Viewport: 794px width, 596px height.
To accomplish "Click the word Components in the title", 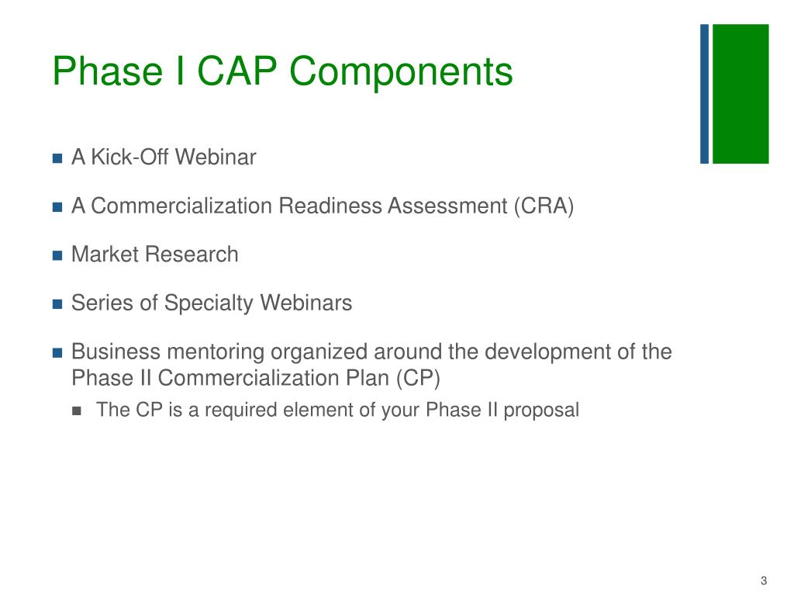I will tap(402, 72).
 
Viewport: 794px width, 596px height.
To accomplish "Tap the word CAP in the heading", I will tap(241, 72).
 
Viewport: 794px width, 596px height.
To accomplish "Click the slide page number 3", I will tap(764, 581).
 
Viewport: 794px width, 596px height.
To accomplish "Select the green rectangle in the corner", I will tap(740, 94).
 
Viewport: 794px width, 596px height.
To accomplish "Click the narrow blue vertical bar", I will tap(704, 94).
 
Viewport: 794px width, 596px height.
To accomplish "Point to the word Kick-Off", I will tap(129, 158).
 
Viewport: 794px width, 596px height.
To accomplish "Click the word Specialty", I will tap(209, 303).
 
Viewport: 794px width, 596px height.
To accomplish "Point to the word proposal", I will tap(541, 411).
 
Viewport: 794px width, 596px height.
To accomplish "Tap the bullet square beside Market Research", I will tap(57, 255).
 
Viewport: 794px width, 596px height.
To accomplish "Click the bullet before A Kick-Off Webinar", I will tap(57, 158).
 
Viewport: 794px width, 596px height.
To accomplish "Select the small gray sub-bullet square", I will tap(76, 411).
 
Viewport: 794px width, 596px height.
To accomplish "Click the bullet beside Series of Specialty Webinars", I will tap(57, 304).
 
